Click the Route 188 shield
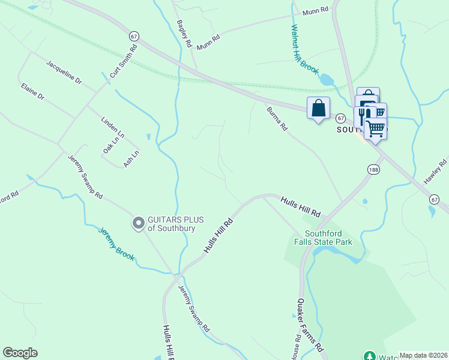(374, 170)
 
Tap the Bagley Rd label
(184, 34)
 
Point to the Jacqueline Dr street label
(64, 71)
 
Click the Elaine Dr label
(32, 92)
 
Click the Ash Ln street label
(131, 158)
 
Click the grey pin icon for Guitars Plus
(139, 224)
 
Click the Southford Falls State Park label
(328, 238)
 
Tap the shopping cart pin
(376, 128)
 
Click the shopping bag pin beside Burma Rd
(318, 109)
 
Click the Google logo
(20, 353)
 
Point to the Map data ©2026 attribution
(423, 355)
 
